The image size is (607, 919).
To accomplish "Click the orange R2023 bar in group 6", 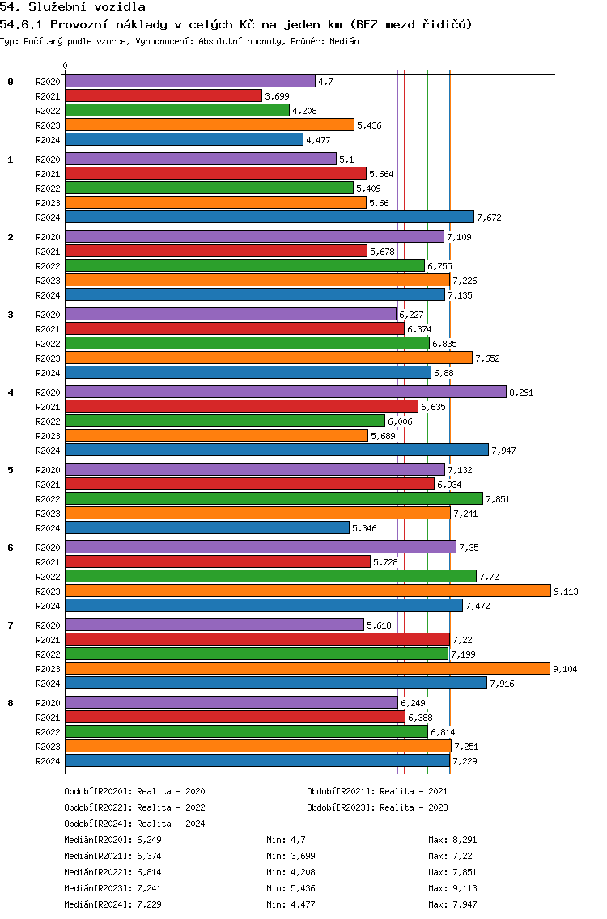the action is point(308,591).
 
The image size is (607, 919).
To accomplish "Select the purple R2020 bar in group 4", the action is point(286,392).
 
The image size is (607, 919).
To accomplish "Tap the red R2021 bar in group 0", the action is point(163,95).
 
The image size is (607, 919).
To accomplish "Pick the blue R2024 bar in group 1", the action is point(270,217).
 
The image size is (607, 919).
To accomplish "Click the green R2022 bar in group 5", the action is point(274,499).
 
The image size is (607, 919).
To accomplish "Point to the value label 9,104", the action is point(565,669).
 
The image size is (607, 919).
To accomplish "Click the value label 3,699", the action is point(277,96).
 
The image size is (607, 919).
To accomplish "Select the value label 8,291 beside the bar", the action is point(521,392).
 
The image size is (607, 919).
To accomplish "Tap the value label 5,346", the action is point(364,528).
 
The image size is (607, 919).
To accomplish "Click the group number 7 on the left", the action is point(11,625).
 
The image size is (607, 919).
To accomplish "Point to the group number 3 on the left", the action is point(11,315).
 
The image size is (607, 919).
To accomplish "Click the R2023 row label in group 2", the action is point(48,281).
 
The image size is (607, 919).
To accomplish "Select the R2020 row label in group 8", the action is point(48,703).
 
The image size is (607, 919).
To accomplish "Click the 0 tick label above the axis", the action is point(65,66).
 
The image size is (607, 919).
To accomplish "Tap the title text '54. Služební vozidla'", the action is point(73,7).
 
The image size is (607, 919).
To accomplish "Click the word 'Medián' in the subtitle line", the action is point(344,41).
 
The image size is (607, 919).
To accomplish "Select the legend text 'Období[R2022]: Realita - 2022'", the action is point(135,807).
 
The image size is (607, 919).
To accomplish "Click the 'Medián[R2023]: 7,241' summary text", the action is point(112,888).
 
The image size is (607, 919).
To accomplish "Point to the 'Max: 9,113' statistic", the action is point(452,888).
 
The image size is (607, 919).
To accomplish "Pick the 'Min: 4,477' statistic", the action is point(291,904).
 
